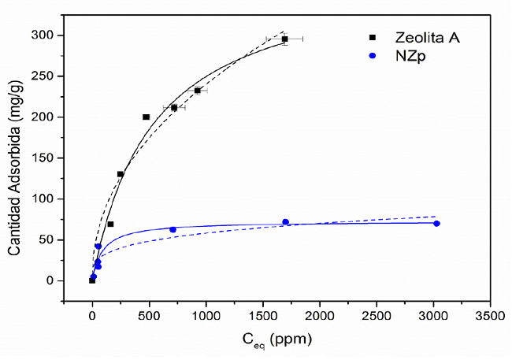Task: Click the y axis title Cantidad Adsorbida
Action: (x=14, y=158)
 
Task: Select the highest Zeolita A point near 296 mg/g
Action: (x=284, y=39)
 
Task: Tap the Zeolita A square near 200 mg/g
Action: (x=146, y=117)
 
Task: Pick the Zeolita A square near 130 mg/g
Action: (x=121, y=174)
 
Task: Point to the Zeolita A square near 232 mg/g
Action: (x=198, y=91)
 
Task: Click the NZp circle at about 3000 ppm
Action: (x=436, y=224)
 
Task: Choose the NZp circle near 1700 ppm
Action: (x=285, y=222)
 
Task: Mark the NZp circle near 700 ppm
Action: (x=173, y=229)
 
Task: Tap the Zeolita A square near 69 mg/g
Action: (x=110, y=225)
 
